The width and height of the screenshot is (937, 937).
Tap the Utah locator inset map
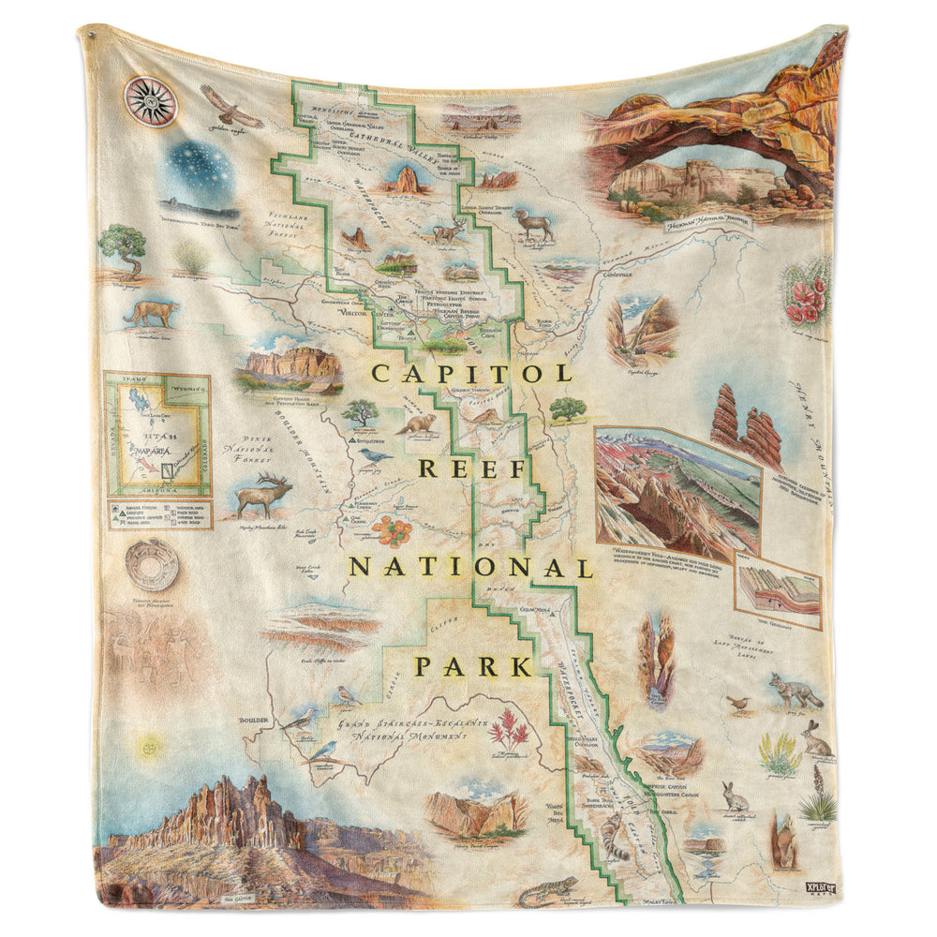pos(156,435)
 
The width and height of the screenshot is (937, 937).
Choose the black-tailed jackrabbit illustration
pos(816,740)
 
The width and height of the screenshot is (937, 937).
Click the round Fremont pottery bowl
pos(150,563)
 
